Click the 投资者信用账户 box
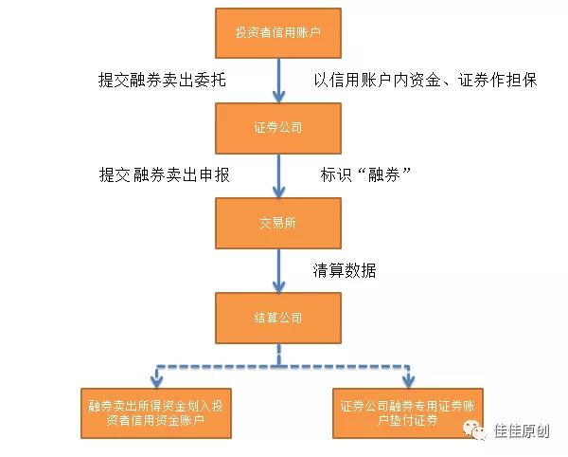point(277,33)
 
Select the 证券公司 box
point(277,126)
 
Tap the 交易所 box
point(277,223)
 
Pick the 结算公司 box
point(277,318)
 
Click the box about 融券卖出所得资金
point(155,412)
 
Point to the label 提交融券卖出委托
point(163,79)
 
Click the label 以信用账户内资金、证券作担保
point(425,79)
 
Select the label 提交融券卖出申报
point(165,174)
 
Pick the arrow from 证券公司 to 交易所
point(278,174)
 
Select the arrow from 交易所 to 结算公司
point(278,270)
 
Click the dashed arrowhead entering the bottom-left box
point(155,379)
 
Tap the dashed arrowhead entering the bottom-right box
point(407,379)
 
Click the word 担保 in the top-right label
point(521,79)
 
